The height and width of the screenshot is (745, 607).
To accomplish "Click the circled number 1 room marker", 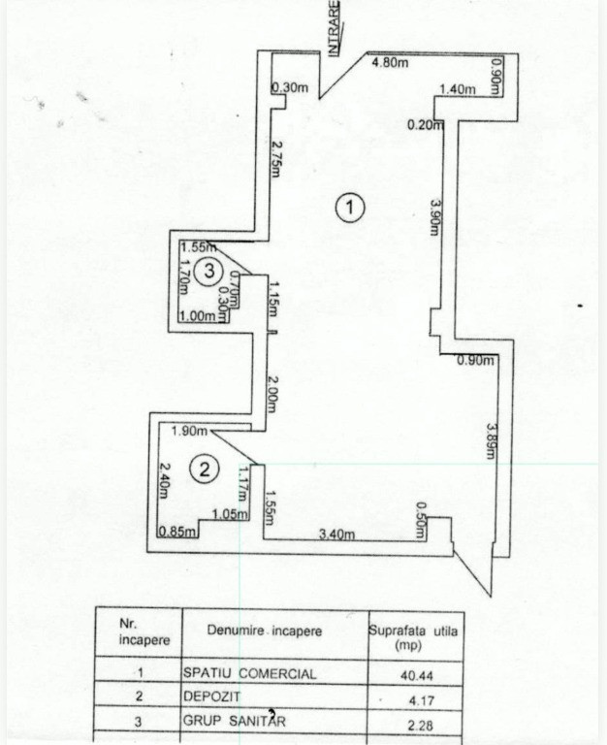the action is (350, 208).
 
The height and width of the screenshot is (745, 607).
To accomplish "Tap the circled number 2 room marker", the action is (205, 470).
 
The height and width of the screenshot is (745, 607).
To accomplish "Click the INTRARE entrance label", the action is (335, 28).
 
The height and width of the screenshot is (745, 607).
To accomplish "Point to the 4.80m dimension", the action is (390, 62).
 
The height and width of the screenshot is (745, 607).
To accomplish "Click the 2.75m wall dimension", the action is (275, 158).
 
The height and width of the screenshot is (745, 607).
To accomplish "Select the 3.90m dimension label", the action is (434, 217).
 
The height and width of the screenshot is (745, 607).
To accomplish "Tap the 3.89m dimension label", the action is (491, 441).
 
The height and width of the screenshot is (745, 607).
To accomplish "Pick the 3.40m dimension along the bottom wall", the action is (336, 534).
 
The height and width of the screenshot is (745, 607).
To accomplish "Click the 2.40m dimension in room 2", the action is (164, 481).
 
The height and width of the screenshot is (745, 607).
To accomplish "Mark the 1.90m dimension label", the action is (189, 431).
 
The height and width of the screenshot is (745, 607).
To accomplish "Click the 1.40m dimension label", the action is (458, 89).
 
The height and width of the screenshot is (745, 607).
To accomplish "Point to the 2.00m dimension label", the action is (271, 395).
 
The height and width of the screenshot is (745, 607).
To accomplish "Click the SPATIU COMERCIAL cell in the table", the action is (250, 673).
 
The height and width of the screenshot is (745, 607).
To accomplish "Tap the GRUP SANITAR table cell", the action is (235, 722).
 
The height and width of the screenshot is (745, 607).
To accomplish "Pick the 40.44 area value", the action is (417, 675).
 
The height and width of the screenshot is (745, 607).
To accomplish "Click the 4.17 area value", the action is (422, 700).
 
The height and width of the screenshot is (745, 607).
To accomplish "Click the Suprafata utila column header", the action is (413, 637).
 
